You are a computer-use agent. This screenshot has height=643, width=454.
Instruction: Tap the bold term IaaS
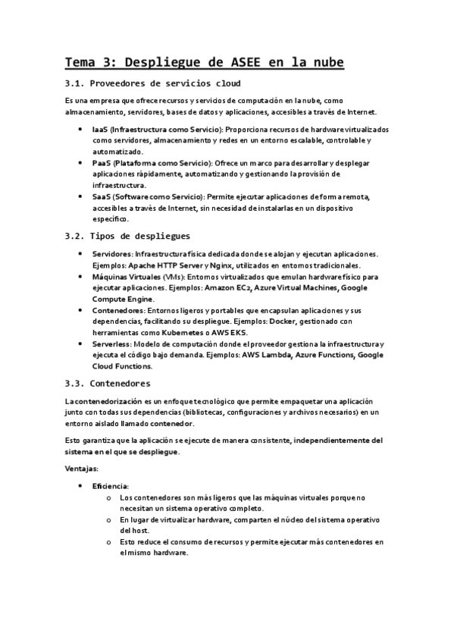click(x=99, y=130)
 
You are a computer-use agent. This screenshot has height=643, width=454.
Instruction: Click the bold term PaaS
click(x=101, y=162)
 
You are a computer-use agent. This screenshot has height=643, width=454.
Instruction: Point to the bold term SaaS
click(x=101, y=196)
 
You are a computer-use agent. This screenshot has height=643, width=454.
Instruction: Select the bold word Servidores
click(x=111, y=254)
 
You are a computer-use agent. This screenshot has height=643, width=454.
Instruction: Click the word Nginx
click(x=218, y=265)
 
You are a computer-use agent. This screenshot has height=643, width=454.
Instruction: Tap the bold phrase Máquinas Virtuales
click(x=126, y=277)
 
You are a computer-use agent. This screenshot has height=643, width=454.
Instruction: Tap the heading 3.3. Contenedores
click(x=108, y=384)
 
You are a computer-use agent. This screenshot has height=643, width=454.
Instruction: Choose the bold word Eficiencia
click(x=111, y=485)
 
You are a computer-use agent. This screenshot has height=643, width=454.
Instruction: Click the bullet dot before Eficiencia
click(x=81, y=485)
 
